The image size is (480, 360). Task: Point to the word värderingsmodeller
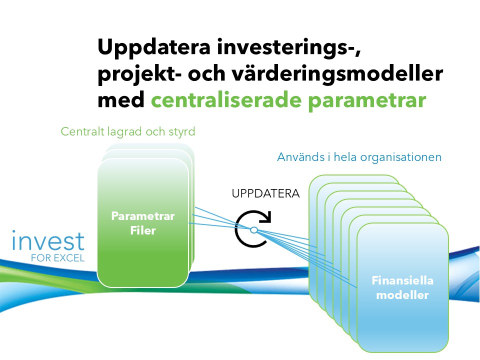337,74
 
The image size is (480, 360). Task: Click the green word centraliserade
226,100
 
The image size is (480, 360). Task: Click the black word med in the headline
121,100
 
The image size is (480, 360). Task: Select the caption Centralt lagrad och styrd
128,131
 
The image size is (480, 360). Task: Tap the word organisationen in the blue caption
400,157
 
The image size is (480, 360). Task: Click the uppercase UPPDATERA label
265,194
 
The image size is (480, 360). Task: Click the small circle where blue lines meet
254,229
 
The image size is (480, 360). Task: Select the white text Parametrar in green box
143,216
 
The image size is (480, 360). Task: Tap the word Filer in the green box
143,230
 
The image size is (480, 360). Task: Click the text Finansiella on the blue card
402,280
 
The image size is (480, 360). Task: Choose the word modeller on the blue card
402,295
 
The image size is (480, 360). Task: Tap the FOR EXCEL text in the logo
58,258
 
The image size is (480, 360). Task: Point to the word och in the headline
206,74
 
